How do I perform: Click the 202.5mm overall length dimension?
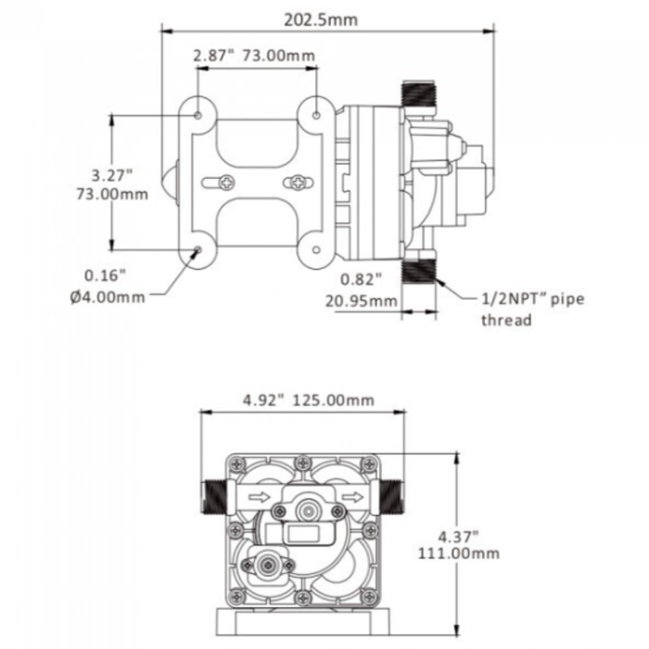[324, 19]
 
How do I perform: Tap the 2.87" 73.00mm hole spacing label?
[254, 56]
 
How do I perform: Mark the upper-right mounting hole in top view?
[317, 114]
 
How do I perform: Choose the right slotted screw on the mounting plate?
[297, 181]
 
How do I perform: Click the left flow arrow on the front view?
[261, 498]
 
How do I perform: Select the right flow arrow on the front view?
[350, 498]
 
